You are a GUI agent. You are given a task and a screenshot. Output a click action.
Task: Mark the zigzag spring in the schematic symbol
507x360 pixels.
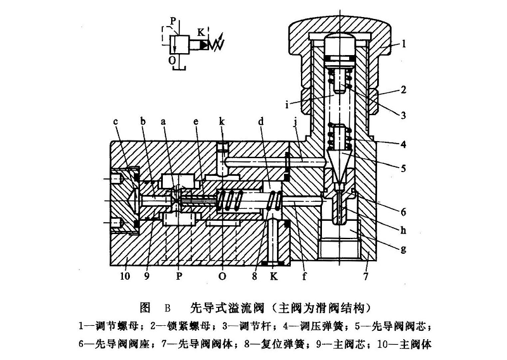pyautogui.click(x=217, y=45)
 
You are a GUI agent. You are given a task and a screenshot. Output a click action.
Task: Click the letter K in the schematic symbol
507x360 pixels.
pyautogui.click(x=200, y=32)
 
